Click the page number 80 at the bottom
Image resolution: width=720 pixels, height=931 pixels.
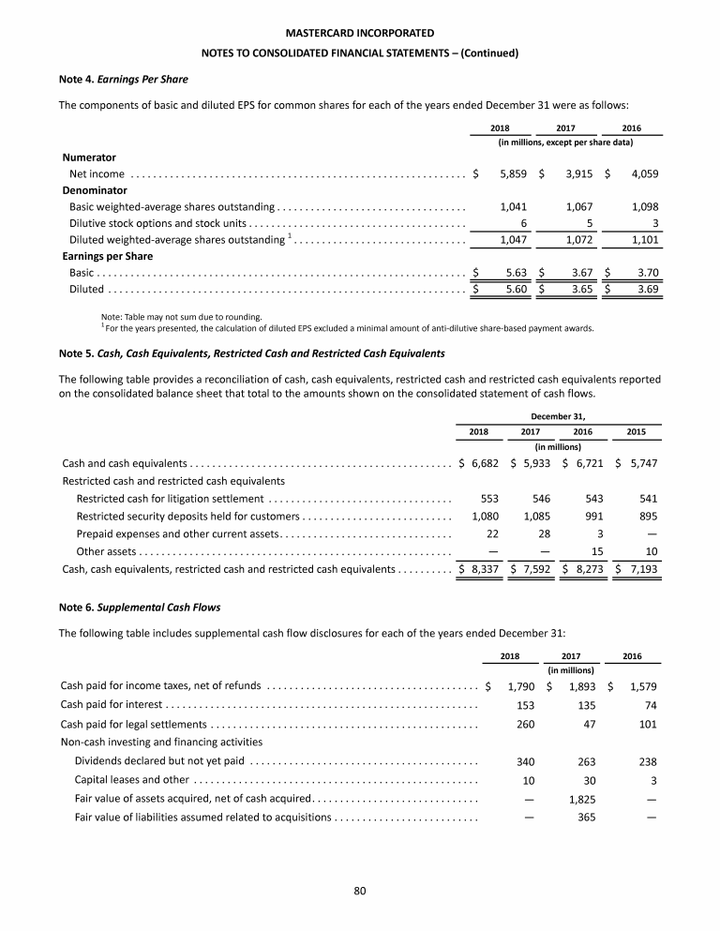tap(359, 890)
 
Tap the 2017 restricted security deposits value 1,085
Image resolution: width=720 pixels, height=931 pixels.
tap(531, 517)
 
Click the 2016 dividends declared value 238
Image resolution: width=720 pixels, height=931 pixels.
tap(646, 761)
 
